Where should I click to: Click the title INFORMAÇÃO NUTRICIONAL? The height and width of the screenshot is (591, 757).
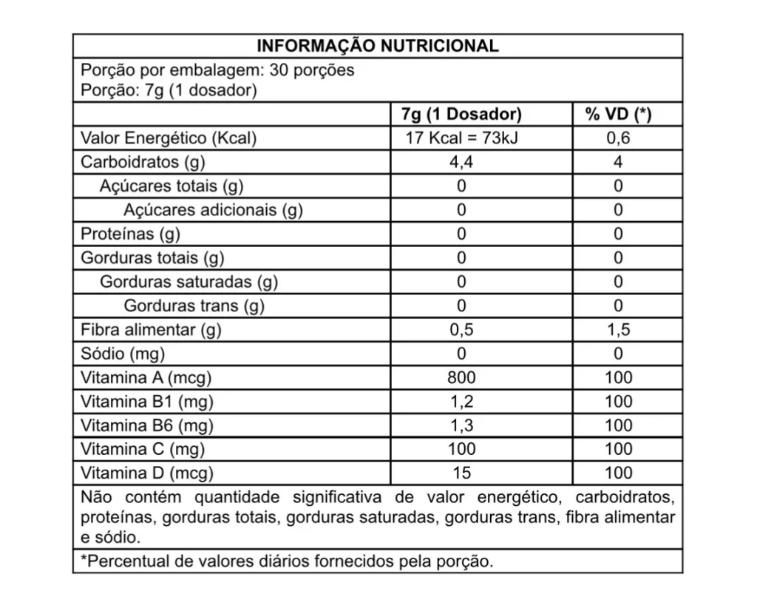(377, 46)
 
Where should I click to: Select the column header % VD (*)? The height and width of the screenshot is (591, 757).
(618, 114)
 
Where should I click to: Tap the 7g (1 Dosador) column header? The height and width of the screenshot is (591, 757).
(461, 114)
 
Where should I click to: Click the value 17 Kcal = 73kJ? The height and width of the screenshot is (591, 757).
(461, 138)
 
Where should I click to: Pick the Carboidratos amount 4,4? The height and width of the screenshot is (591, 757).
(461, 162)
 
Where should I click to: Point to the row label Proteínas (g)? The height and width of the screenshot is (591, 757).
(130, 234)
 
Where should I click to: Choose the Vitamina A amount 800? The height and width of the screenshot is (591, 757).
(461, 377)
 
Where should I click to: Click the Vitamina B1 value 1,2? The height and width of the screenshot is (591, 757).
(461, 402)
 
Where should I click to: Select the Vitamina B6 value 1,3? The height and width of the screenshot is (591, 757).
(461, 425)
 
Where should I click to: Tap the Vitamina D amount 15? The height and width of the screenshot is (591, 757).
(461, 473)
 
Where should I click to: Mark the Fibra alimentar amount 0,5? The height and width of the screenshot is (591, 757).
(461, 330)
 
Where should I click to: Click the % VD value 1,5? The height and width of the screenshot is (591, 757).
(618, 330)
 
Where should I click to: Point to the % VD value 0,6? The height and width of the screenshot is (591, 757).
(618, 138)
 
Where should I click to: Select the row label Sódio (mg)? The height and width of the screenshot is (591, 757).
(123, 354)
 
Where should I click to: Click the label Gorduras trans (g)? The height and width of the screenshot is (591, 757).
(194, 305)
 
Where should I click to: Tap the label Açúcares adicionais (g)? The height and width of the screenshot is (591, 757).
(213, 210)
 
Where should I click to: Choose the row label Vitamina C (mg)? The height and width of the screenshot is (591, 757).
(142, 449)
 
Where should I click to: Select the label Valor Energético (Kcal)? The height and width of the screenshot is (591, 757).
(169, 138)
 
